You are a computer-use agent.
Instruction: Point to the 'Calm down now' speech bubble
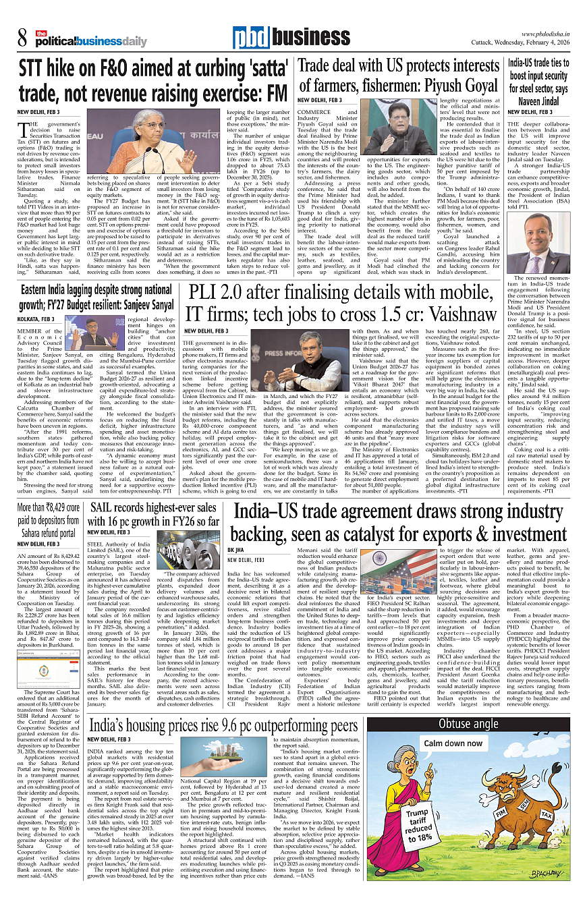453,743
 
